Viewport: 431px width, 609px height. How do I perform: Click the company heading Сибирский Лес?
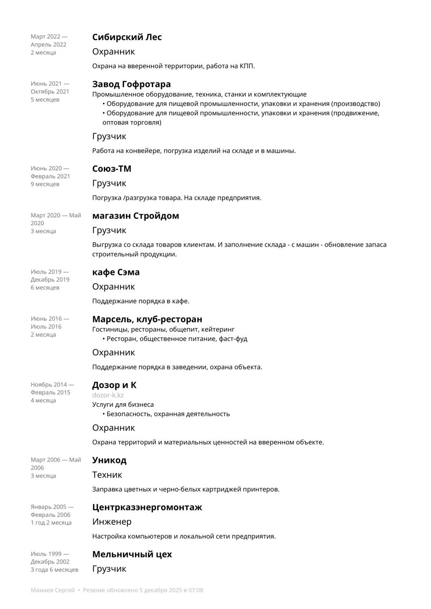[127, 37]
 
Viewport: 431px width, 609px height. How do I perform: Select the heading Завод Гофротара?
[131, 84]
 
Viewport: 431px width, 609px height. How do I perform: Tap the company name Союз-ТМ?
[112, 169]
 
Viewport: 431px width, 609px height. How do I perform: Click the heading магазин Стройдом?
[136, 216]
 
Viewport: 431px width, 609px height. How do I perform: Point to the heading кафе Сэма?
[116, 272]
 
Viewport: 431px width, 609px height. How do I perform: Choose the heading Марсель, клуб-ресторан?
[147, 320]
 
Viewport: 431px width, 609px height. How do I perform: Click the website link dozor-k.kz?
[108, 395]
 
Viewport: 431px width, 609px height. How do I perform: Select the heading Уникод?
[109, 460]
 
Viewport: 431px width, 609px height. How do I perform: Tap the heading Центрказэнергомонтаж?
[147, 508]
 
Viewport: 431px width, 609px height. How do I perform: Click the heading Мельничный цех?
[132, 555]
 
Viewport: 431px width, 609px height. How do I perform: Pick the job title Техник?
[107, 475]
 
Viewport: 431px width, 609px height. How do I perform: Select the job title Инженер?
[112, 522]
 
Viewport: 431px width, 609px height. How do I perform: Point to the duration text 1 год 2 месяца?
[51, 523]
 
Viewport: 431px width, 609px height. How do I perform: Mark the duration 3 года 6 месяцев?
[54, 570]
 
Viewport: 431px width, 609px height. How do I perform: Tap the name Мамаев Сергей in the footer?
[53, 590]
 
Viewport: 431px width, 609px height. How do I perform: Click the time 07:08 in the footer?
[195, 590]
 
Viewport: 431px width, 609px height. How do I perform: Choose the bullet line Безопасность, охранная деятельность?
[168, 414]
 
